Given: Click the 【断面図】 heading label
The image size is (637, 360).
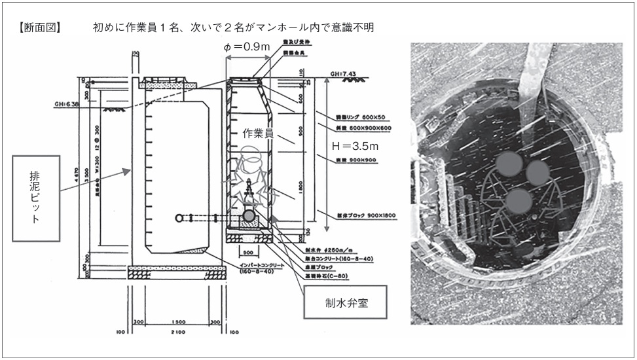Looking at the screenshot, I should click(41, 28).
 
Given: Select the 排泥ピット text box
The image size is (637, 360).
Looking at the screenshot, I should click(36, 198).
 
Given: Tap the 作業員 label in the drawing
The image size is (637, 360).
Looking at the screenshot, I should click(257, 134).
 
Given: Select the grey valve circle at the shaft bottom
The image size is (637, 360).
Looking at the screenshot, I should click(249, 215).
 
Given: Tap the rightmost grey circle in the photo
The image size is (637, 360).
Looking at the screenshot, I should click(537, 172).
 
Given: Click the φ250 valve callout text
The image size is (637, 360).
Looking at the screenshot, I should click(319, 249).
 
